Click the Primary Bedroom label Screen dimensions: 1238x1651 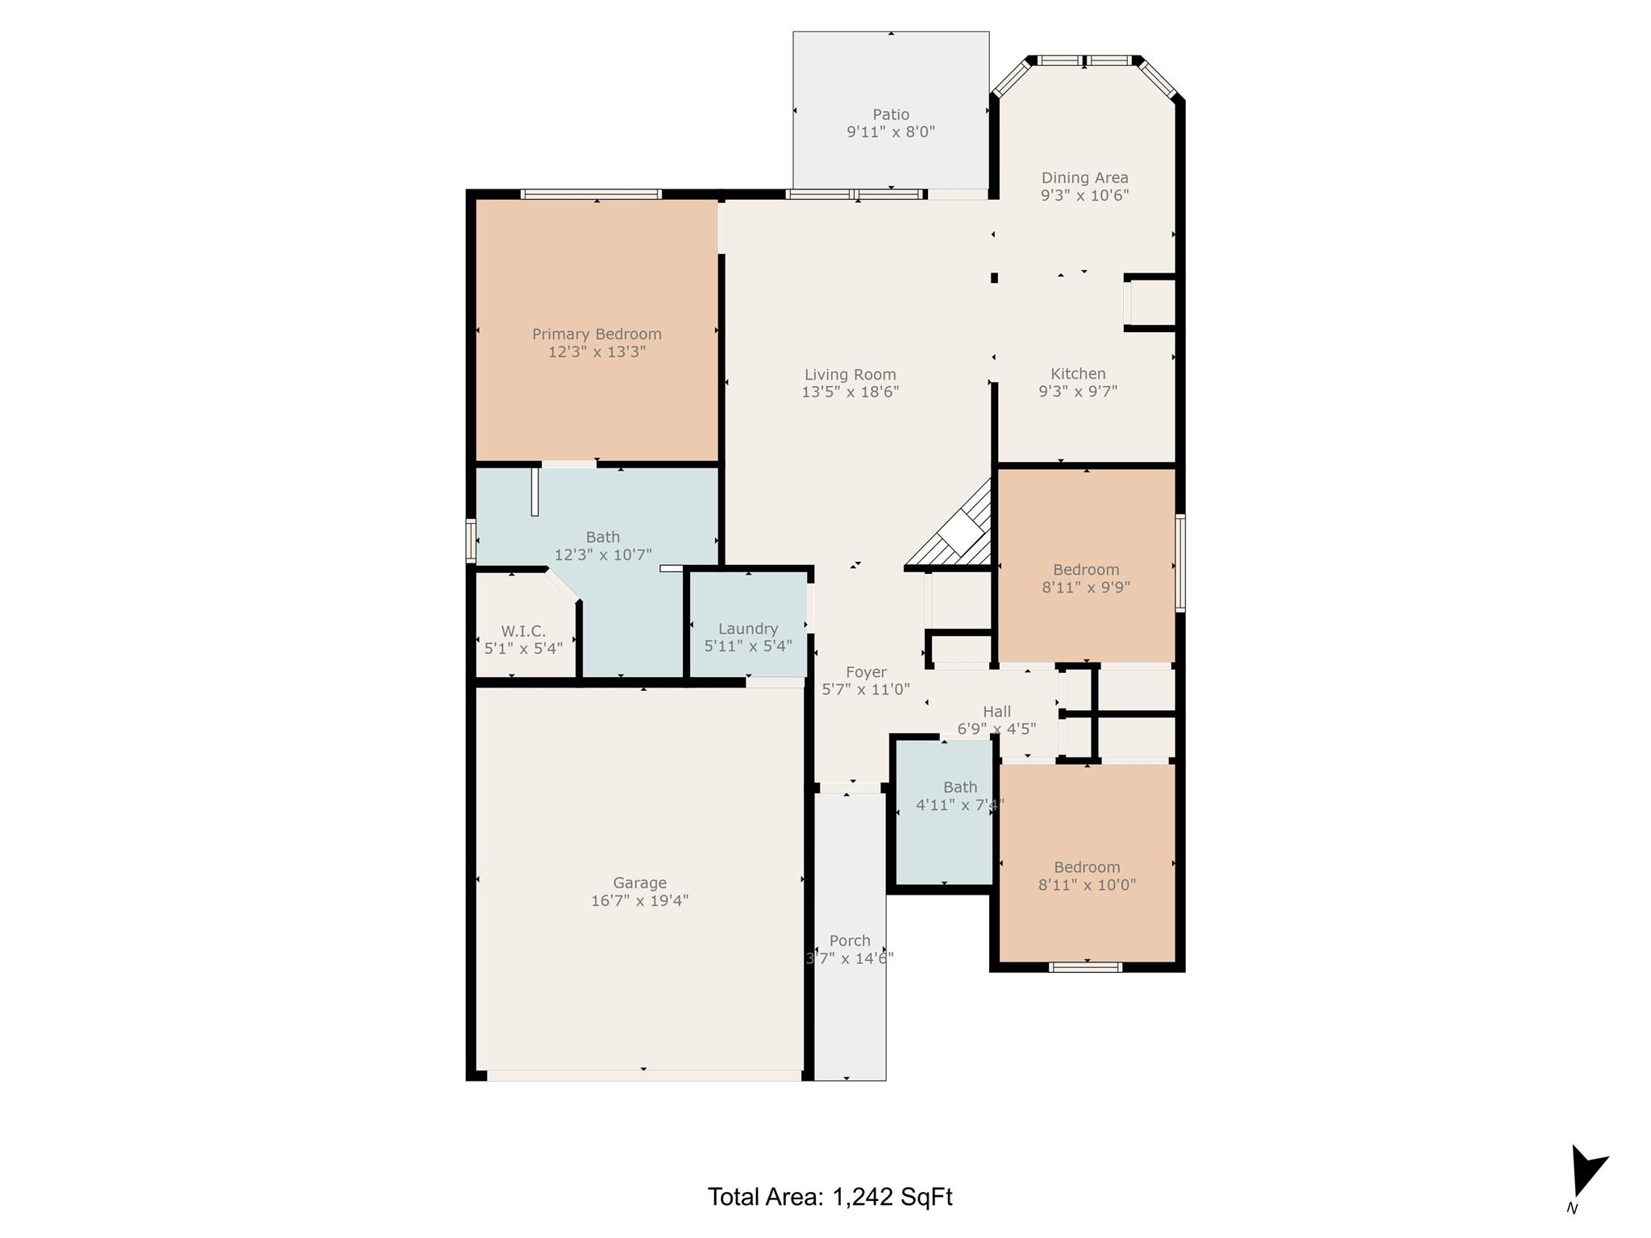click(x=597, y=334)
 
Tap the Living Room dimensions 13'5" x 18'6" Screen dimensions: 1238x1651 click(x=850, y=393)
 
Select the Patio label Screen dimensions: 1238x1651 click(x=890, y=114)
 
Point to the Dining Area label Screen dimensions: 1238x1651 click(x=1084, y=177)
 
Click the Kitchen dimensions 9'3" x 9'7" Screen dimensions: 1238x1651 click(x=1078, y=392)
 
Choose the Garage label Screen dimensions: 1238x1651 click(x=639, y=883)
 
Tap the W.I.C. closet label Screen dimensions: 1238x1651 click(x=523, y=631)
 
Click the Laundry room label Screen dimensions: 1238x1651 click(x=747, y=629)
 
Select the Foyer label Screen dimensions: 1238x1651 click(x=866, y=671)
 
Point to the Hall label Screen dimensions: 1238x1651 click(x=996, y=712)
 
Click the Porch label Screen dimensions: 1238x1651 click(x=850, y=941)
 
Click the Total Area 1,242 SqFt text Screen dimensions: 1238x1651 click(x=830, y=1197)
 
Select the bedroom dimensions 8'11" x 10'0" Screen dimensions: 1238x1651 click(x=1087, y=885)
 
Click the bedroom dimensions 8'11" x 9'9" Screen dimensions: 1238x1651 click(x=1086, y=588)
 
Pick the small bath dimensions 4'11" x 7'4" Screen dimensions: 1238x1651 click(x=959, y=804)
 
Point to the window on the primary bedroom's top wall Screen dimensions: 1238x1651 click(x=591, y=194)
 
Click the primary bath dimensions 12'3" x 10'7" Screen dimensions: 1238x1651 click(x=602, y=555)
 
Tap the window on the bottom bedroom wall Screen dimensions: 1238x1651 click(x=1085, y=967)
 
